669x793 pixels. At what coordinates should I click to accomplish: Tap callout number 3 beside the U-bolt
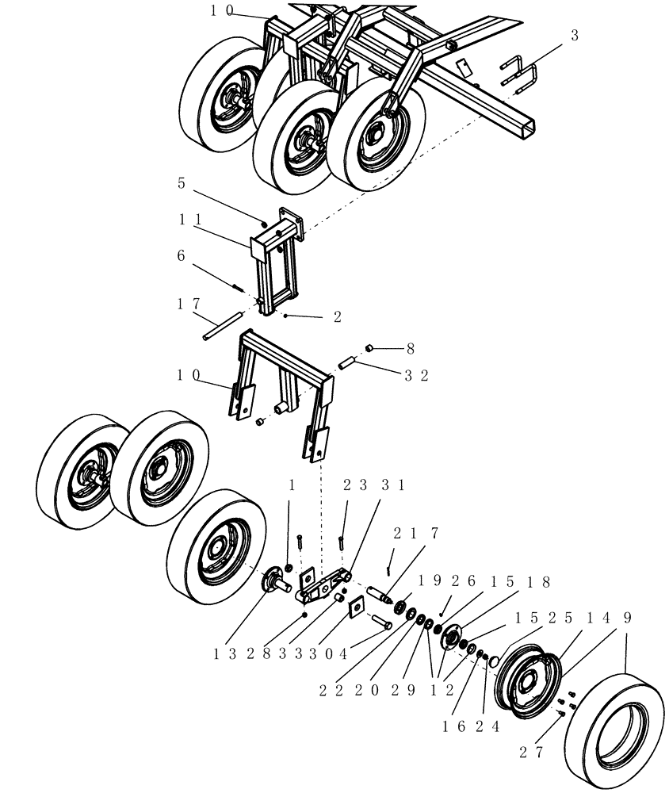tap(575, 36)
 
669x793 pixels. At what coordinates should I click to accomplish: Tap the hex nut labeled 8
tap(369, 347)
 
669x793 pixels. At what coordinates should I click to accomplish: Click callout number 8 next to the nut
tap(410, 347)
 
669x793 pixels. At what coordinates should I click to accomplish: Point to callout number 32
tap(415, 375)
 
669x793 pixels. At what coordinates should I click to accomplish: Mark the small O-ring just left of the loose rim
tap(492, 660)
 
